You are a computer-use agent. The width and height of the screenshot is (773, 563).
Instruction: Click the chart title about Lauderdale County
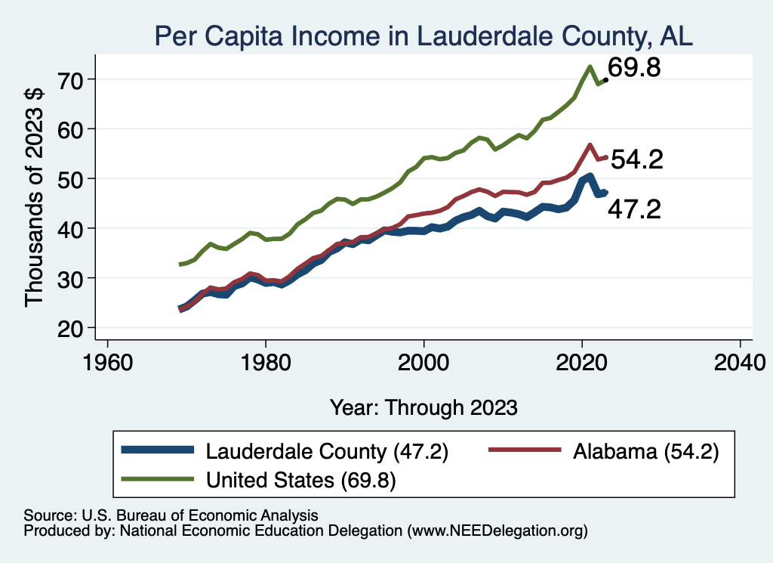click(x=423, y=36)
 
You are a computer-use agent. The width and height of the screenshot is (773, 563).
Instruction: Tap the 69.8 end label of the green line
click(x=635, y=68)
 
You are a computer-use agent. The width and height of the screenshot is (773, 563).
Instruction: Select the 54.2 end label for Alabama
click(x=636, y=159)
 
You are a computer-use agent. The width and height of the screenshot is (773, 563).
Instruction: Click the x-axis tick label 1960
click(x=108, y=360)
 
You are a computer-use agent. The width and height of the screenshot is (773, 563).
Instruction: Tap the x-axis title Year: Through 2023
click(x=423, y=407)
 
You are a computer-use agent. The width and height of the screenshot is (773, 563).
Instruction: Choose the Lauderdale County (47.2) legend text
click(x=327, y=452)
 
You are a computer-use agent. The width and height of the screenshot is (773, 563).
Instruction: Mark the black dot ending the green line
click(x=605, y=79)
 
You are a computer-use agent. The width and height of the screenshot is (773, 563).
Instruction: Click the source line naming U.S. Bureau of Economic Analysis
click(x=171, y=515)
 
